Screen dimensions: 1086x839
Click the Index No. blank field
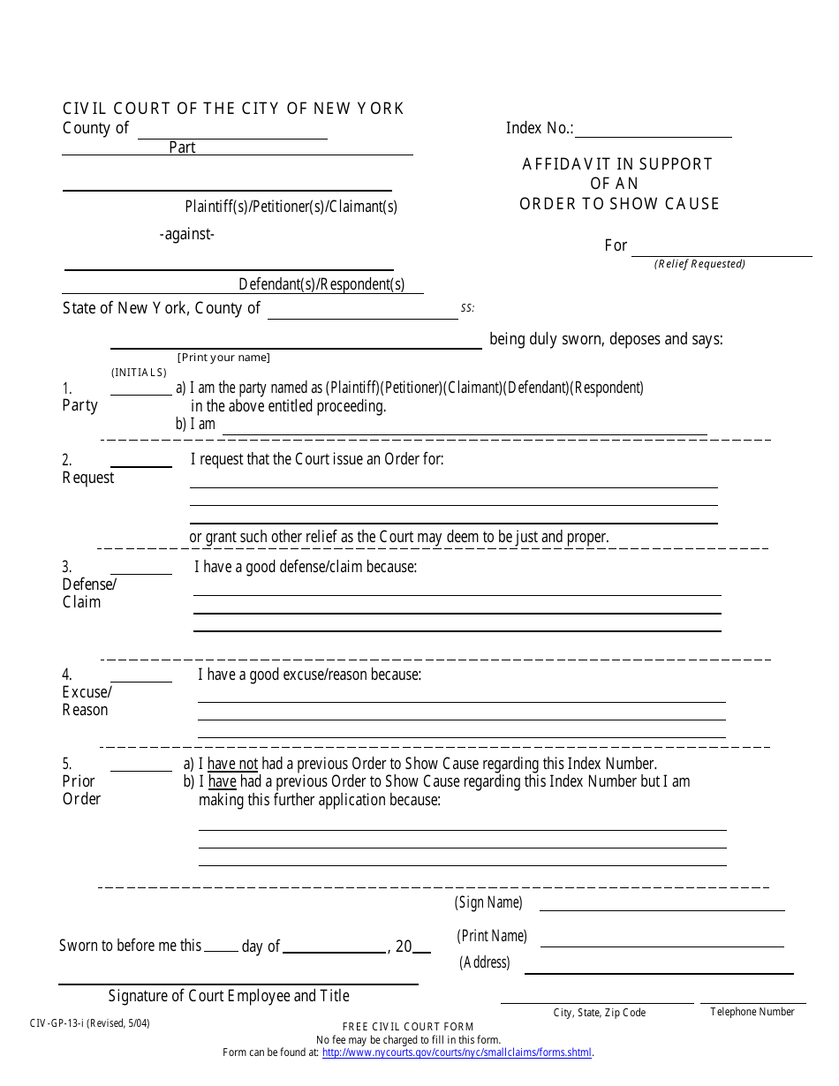point(653,130)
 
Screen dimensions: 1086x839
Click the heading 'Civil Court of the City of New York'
point(233,109)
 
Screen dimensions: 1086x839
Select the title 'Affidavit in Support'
point(616,164)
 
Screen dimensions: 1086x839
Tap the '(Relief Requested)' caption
point(699,264)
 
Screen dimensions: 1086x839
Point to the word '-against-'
point(187,235)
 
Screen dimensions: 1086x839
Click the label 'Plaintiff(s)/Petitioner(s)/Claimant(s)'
point(291,207)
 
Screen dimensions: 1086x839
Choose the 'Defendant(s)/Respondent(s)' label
point(321,284)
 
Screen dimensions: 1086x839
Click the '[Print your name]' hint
point(223,358)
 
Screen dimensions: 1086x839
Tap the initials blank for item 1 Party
point(140,388)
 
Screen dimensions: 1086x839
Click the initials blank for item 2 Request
point(140,461)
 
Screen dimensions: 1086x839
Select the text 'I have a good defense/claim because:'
point(306,567)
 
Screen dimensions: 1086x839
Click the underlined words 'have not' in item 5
point(232,764)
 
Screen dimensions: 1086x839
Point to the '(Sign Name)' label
point(488,902)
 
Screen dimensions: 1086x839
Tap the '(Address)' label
point(484,962)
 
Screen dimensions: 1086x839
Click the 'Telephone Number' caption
point(752,1012)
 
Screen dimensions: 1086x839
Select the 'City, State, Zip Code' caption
point(599,1013)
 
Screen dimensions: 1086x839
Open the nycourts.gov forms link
point(457,1052)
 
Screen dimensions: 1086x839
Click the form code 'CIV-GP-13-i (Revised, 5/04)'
point(89,1024)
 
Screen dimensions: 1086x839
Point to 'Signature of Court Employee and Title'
point(229,996)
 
